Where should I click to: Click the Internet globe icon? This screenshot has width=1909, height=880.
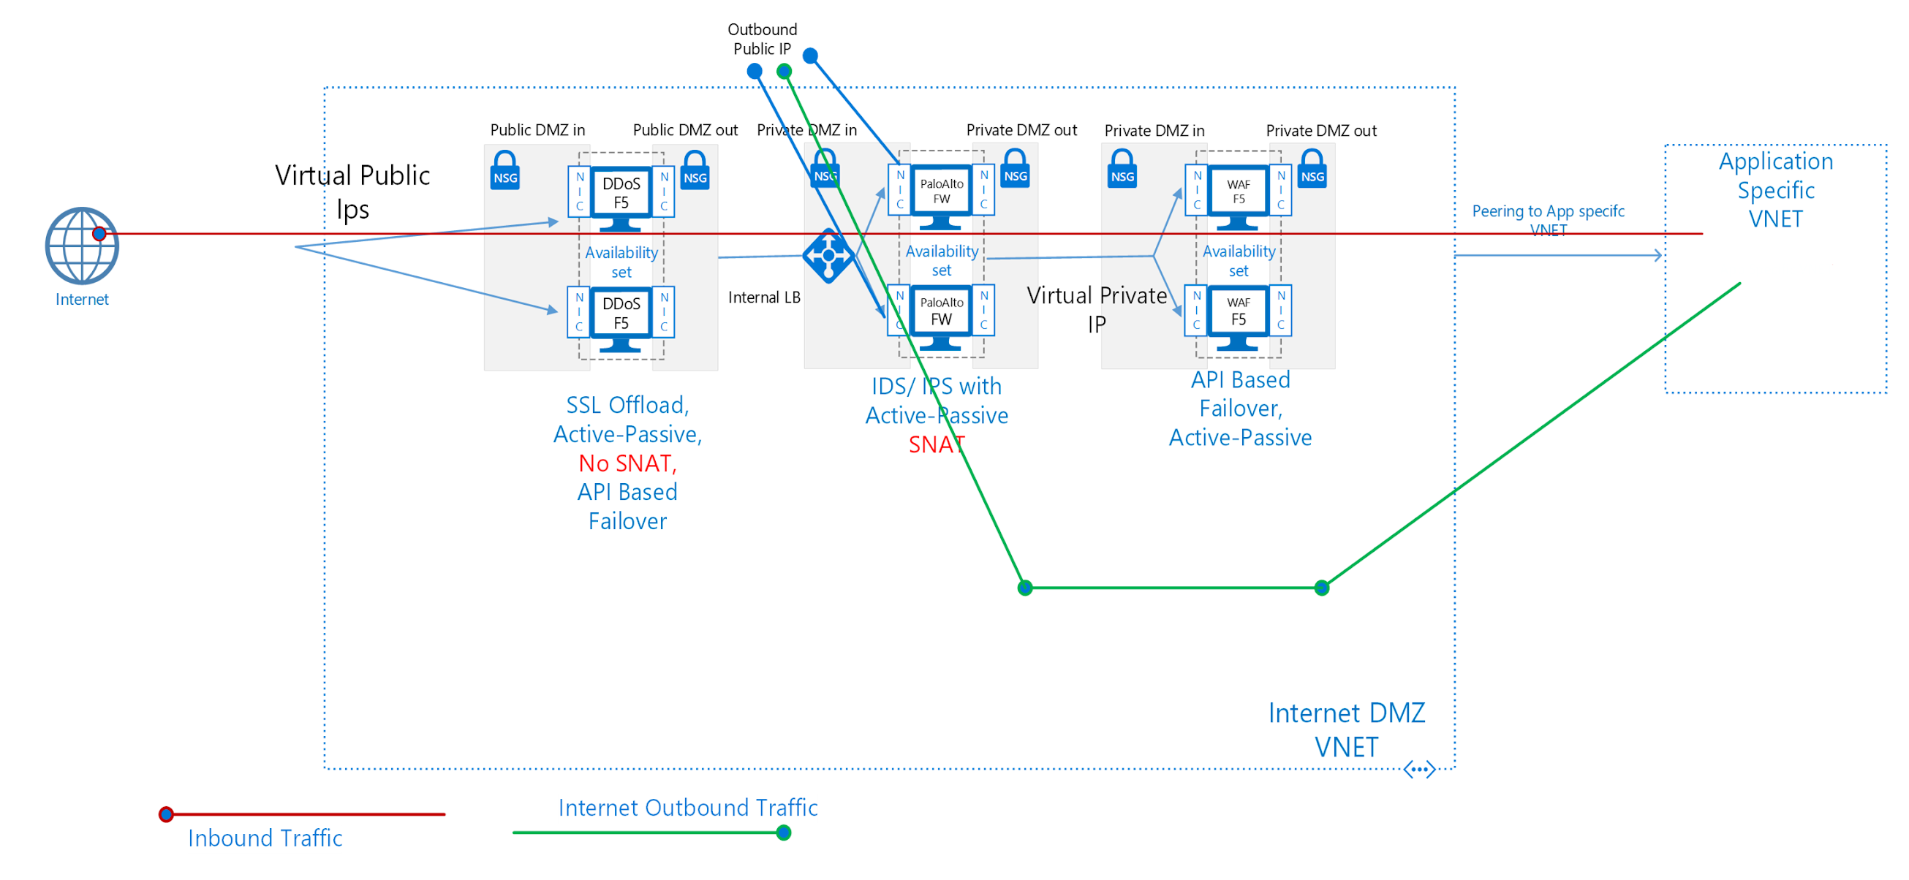[81, 246]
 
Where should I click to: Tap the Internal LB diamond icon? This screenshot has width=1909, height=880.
[828, 256]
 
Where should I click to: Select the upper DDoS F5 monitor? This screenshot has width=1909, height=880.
[621, 194]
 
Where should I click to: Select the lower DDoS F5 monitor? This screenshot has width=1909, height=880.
[621, 315]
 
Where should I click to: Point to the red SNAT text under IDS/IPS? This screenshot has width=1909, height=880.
[936, 444]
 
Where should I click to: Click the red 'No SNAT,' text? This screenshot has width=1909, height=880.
[627, 463]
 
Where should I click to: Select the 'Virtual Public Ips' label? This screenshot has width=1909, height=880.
[352, 191]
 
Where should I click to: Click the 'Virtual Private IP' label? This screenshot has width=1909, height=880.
[1097, 309]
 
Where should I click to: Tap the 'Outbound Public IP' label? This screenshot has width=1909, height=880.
[762, 39]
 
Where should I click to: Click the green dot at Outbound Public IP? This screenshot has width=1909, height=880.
[784, 71]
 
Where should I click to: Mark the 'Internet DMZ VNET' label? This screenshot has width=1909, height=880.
[1346, 729]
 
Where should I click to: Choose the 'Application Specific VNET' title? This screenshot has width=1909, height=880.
[1776, 189]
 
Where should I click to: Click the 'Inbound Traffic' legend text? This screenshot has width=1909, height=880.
[265, 838]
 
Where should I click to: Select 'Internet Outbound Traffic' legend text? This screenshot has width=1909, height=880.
[688, 807]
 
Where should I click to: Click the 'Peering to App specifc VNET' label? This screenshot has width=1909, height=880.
[1547, 219]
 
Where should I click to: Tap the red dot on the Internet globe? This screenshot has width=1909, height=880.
[99, 234]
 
